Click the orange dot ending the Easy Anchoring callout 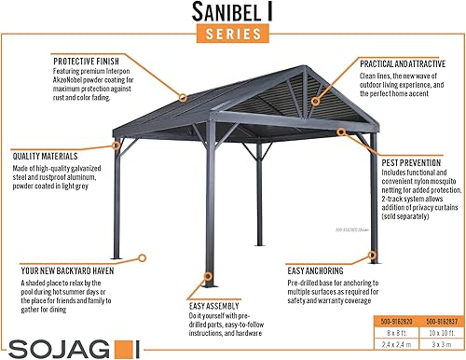(374, 253)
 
